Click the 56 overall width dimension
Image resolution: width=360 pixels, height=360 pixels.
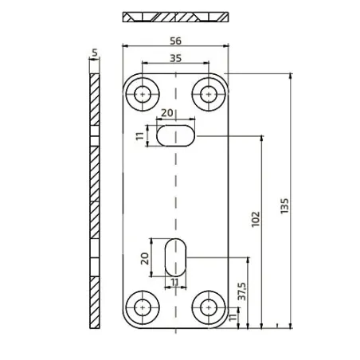click(x=174, y=38)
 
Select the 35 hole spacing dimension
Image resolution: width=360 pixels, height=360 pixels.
click(x=174, y=57)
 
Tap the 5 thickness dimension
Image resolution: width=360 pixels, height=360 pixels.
click(x=95, y=53)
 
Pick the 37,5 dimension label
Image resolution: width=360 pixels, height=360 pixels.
click(x=241, y=292)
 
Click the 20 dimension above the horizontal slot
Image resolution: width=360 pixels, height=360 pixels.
click(x=166, y=113)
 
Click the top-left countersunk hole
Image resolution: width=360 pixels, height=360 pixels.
click(x=143, y=93)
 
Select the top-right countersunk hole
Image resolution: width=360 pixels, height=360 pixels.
click(x=209, y=93)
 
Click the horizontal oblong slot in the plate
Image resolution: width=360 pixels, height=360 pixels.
click(x=175, y=135)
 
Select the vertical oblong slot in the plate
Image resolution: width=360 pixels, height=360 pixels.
click(x=175, y=256)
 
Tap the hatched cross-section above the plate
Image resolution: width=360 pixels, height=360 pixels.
click(x=175, y=17)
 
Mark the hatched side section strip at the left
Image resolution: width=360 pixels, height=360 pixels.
click(x=95, y=199)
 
